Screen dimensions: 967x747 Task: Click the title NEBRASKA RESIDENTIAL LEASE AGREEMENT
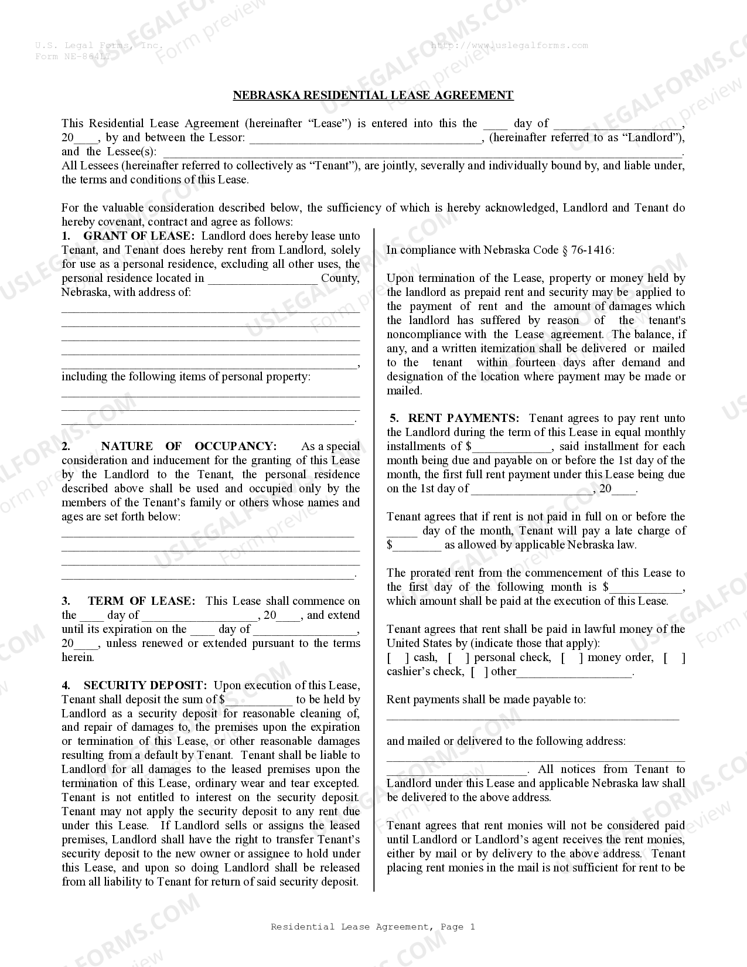(373, 95)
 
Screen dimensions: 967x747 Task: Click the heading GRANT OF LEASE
(138, 236)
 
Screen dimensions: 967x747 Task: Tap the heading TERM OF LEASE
(141, 601)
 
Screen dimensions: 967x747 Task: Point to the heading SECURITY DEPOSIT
(145, 685)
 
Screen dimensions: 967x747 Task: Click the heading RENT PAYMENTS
(463, 418)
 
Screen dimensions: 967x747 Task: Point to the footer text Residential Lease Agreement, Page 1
(373, 927)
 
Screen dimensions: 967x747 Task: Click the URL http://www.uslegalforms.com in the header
(509, 45)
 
